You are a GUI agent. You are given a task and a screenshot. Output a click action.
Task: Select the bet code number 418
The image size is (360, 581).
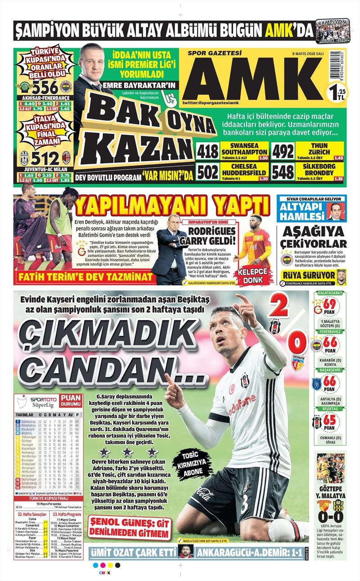click(207, 152)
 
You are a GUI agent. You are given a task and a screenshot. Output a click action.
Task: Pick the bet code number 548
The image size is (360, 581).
click(283, 172)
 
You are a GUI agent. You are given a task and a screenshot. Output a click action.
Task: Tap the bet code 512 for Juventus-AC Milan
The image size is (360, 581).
click(45, 158)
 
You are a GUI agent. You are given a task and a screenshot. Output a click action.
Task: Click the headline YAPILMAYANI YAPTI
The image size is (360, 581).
click(171, 206)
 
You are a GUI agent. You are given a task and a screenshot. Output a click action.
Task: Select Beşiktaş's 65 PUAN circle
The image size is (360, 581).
click(330, 423)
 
